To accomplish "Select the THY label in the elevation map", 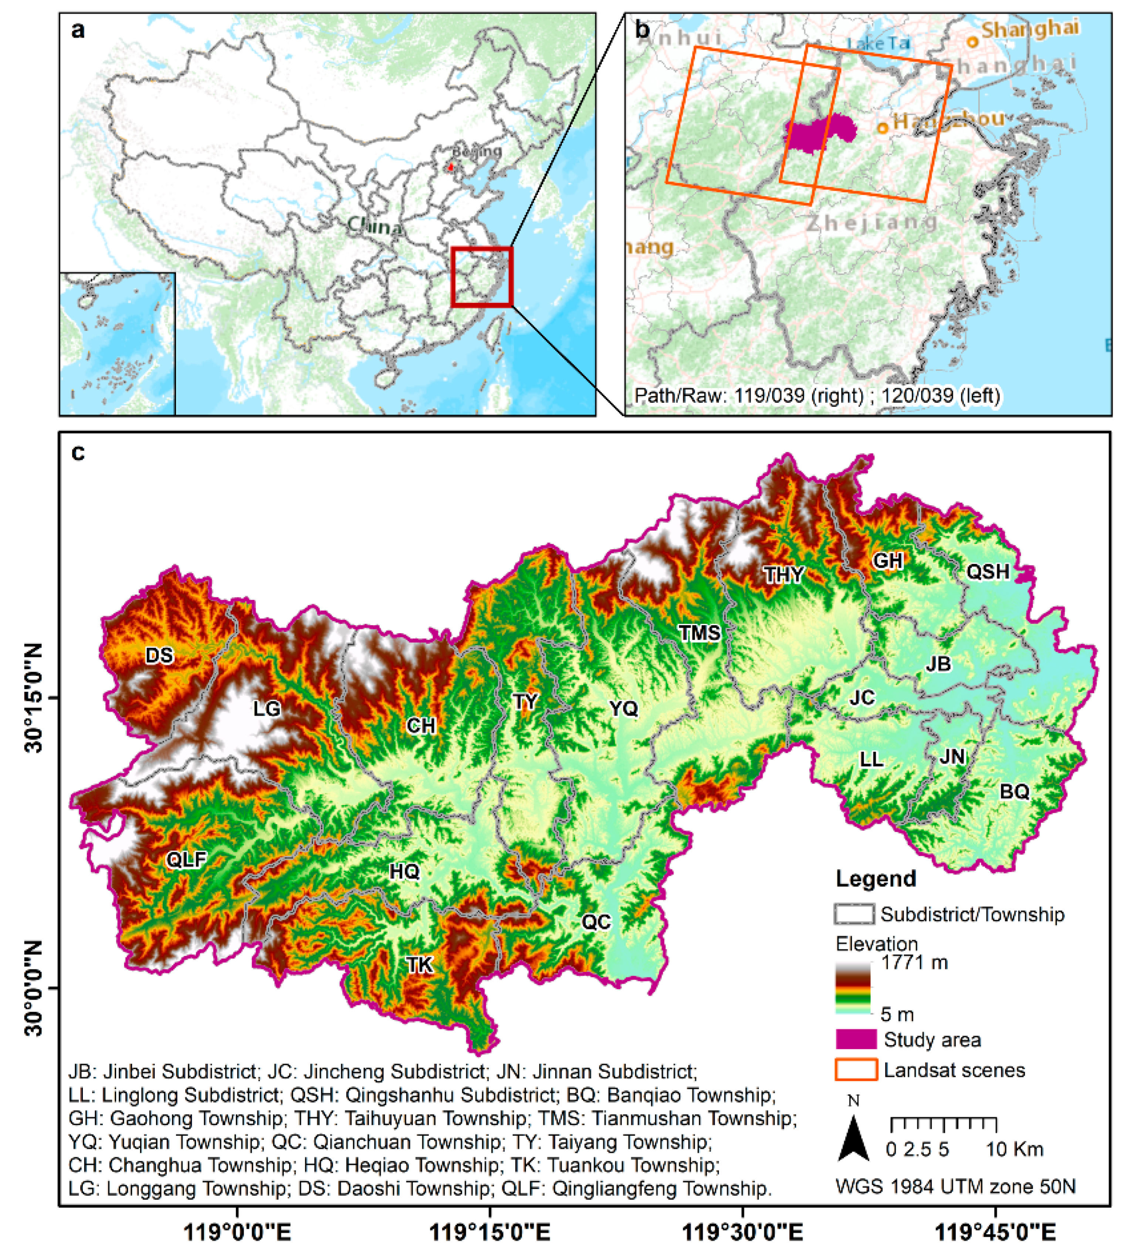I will pos(784,574).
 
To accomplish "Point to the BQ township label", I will pos(1015,792).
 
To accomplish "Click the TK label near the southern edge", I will pos(420,965).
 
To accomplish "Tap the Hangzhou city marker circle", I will pos(883,128).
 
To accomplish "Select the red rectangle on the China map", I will pos(482,277).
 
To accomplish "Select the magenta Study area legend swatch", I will pos(856,1040).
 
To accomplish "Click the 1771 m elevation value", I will pos(914,963).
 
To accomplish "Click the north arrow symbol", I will pos(853,1137).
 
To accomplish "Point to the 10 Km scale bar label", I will pos(1014,1149).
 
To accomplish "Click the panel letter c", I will pos(78,452).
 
